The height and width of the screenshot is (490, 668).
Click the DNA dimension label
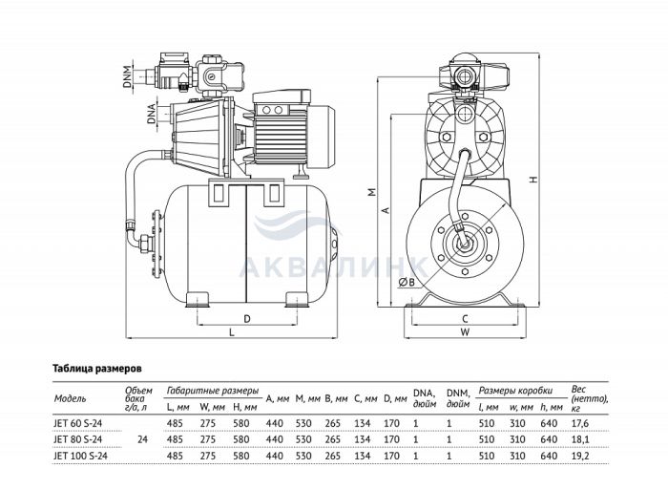point(151,119)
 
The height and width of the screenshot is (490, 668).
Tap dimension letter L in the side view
point(232,332)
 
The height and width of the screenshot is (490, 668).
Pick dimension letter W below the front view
point(465,333)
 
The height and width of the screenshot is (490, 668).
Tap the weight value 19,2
point(579,456)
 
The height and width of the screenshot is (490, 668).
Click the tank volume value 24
point(142,438)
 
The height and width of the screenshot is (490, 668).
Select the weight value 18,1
point(579,438)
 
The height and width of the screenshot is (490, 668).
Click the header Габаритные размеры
point(212,391)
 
